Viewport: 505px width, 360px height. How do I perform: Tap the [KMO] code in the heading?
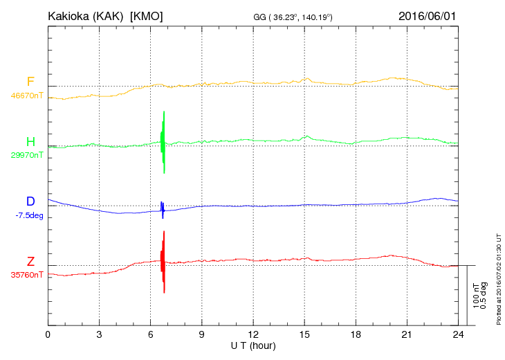146,16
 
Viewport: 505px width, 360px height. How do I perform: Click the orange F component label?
30,82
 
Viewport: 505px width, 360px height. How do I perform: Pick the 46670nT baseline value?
26,96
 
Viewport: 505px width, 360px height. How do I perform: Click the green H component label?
30,143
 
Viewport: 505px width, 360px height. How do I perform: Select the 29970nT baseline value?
26,155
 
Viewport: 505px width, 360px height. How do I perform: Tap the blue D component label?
30,201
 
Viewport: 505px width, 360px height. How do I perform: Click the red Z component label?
30,262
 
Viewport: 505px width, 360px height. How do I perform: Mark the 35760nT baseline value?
26,274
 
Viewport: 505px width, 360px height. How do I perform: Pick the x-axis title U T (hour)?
253,345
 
